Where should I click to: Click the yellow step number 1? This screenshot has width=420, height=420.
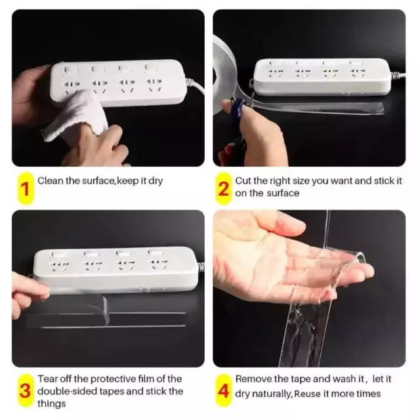(26, 188)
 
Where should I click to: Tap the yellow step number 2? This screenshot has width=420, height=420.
(223, 188)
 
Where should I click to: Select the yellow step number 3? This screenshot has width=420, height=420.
(26, 391)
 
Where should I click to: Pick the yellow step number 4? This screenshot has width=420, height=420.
(223, 391)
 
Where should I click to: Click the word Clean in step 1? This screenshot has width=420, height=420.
(50, 181)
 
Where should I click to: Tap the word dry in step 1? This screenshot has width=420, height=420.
(156, 181)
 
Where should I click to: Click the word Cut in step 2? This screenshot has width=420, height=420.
(243, 181)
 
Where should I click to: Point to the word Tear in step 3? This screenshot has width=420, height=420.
(47, 379)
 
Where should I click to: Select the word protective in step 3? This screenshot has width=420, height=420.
(112, 379)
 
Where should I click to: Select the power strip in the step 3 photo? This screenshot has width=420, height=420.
(115, 269)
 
